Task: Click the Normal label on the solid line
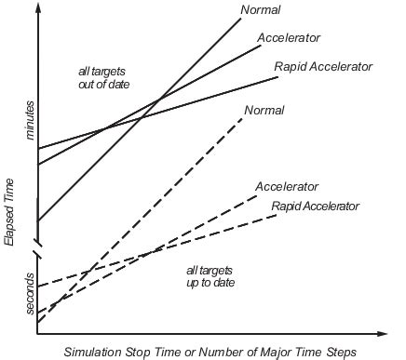tap(261, 9)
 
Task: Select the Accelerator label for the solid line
tap(289, 38)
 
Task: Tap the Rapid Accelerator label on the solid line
tap(323, 67)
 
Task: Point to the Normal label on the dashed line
tap(264, 110)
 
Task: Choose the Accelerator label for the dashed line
tap(287, 187)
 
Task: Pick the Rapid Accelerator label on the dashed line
tap(316, 207)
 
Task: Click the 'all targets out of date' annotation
tap(103, 78)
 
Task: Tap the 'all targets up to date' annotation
tap(210, 276)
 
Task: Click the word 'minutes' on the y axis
tap(30, 120)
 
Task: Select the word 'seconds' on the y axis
tap(30, 294)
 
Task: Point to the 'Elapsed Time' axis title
tap(9, 212)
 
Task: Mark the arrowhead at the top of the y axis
tap(38, 7)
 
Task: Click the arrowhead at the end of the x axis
tap(382, 334)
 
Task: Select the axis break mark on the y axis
tap(38, 250)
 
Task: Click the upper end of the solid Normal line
tap(241, 19)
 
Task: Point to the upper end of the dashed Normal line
tap(243, 118)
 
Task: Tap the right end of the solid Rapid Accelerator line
tap(278, 76)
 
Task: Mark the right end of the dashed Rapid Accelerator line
tap(277, 215)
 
